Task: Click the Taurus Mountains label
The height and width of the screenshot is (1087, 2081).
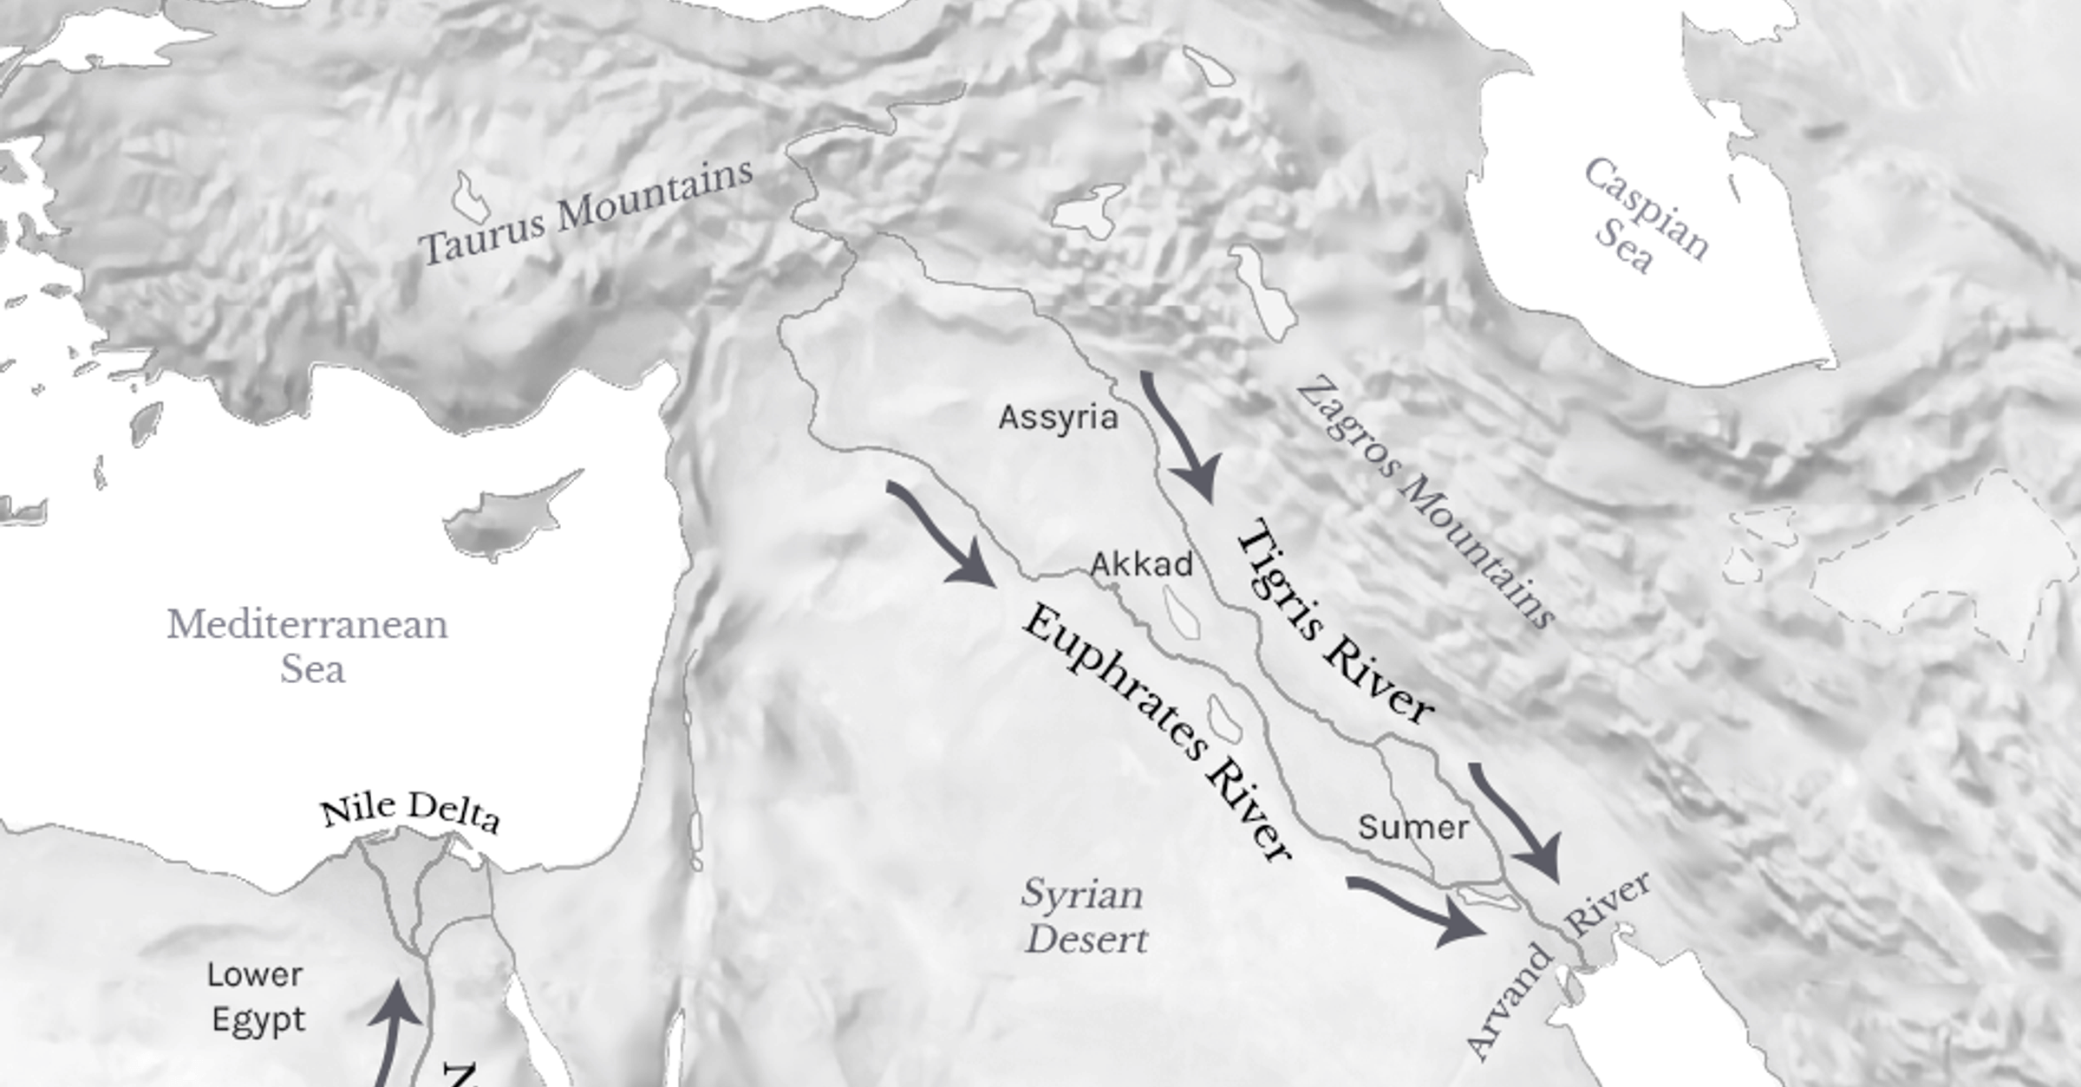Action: [586, 212]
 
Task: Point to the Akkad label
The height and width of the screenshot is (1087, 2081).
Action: [1141, 565]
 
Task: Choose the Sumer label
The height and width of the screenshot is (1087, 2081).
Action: [1413, 828]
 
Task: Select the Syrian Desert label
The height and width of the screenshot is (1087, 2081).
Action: [1084, 917]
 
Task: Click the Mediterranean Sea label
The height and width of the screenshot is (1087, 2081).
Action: [308, 647]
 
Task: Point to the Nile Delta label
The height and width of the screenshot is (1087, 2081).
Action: [410, 811]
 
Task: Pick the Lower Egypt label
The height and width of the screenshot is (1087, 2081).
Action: [257, 997]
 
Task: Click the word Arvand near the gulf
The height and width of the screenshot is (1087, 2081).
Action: [1509, 1001]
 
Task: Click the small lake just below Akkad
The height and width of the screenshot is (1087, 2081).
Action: [1181, 614]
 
